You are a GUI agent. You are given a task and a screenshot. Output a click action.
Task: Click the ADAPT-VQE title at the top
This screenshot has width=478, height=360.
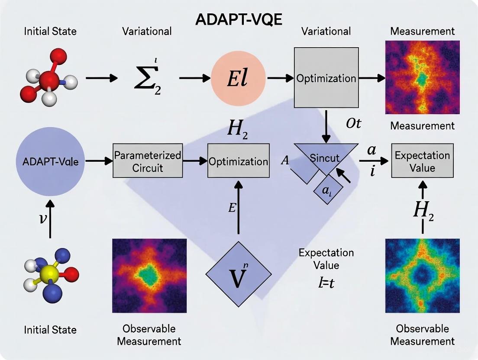[x=239, y=19]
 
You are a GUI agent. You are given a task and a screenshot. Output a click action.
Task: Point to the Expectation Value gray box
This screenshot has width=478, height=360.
[x=423, y=161]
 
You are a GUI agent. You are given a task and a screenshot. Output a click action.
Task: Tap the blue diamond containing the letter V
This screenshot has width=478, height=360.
[x=239, y=274]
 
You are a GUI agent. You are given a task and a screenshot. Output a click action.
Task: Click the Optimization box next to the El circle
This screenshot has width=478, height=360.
[x=326, y=78]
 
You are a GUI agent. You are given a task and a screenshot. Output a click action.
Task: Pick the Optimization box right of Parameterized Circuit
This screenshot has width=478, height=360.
[x=238, y=161]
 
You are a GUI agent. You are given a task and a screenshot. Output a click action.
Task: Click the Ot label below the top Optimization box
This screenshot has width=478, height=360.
[x=353, y=124]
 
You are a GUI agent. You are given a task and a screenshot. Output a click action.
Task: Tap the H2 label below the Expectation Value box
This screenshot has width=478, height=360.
[x=423, y=210]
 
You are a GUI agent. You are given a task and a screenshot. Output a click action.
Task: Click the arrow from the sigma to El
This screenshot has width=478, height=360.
[x=194, y=78]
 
